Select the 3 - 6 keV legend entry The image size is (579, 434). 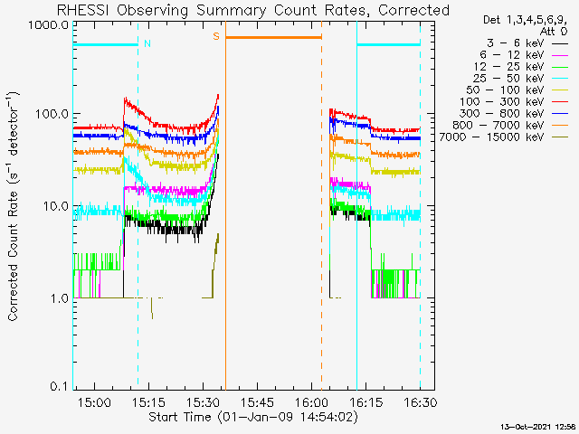point(527,43)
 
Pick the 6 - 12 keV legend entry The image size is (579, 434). point(523,55)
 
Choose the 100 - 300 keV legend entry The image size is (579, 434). point(513,102)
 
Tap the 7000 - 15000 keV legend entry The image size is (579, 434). point(503,137)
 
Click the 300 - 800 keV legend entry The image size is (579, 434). point(513,114)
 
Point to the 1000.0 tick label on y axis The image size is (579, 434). point(49,26)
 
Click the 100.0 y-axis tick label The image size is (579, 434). point(52,114)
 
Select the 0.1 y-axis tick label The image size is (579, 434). point(60,386)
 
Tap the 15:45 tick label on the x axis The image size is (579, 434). point(257,401)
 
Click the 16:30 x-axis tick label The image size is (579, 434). point(421,401)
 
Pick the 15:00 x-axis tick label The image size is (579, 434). point(94,401)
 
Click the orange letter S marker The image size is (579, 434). point(216,36)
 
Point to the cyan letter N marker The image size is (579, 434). point(147,43)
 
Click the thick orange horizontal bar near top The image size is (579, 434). point(273,37)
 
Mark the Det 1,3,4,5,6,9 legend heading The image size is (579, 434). point(525,20)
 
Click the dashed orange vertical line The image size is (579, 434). point(322,205)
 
